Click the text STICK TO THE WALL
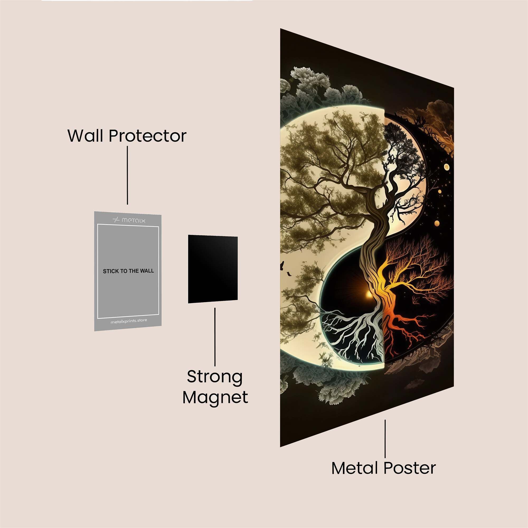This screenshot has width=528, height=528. pyautogui.click(x=128, y=271)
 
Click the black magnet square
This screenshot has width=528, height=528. pyautogui.click(x=213, y=269)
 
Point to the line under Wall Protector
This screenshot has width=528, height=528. pyautogui.click(x=127, y=175)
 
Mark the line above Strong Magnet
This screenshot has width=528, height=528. pyautogui.click(x=215, y=337)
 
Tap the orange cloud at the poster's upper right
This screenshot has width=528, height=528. pyautogui.click(x=435, y=115)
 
